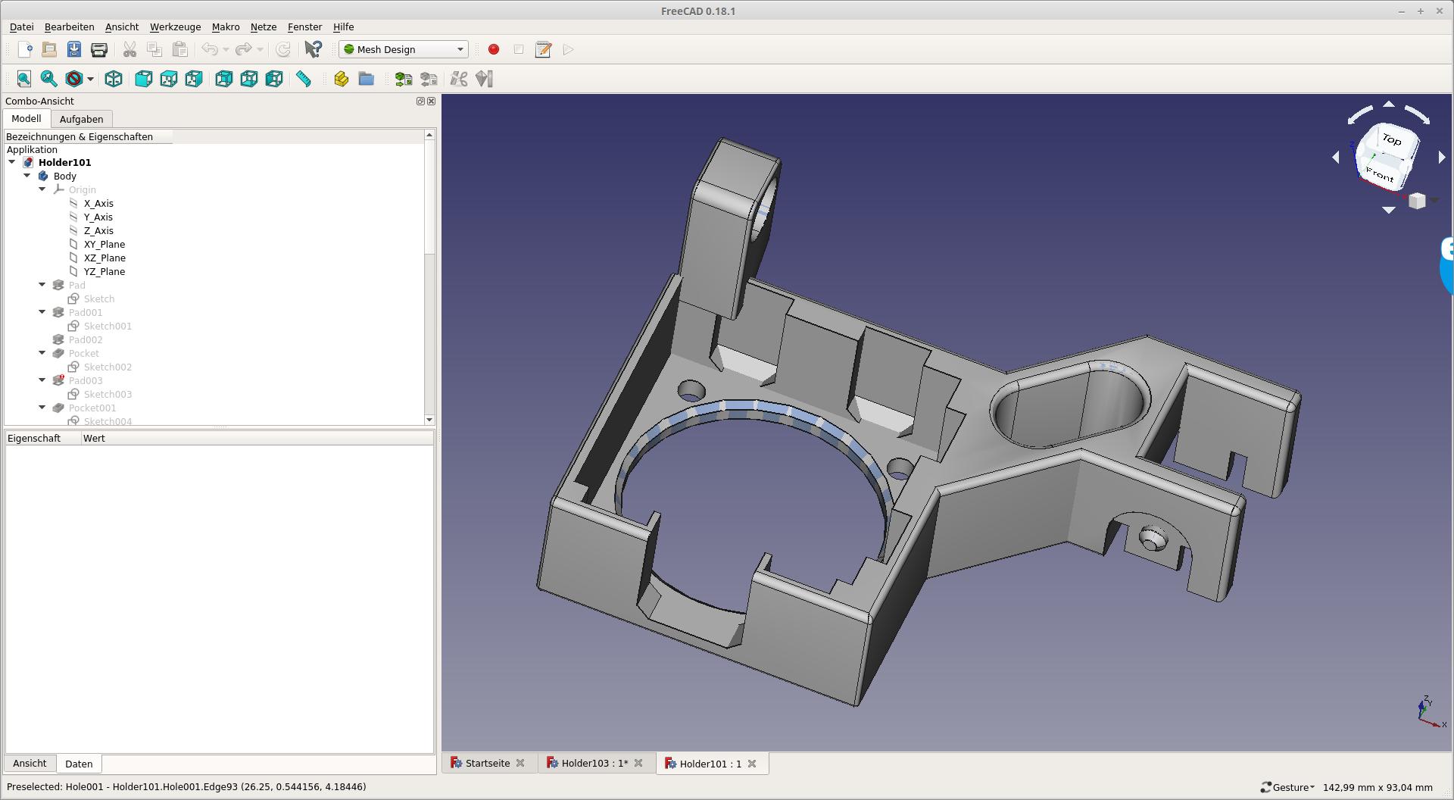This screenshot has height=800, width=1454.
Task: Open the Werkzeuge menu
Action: (x=175, y=27)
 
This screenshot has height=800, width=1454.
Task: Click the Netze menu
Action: (x=264, y=27)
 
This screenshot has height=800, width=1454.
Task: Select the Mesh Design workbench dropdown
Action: (x=404, y=49)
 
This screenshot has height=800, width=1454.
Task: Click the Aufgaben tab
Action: (x=81, y=119)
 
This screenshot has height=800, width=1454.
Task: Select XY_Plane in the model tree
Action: (x=105, y=244)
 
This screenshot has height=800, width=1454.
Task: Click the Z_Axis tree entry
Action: (x=98, y=230)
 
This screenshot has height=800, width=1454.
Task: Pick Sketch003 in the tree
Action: (x=108, y=394)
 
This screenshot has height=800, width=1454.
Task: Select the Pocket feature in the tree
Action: (x=83, y=353)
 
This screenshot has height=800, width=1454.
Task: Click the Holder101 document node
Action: (x=64, y=162)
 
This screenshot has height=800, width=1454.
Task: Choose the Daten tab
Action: (x=79, y=764)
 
